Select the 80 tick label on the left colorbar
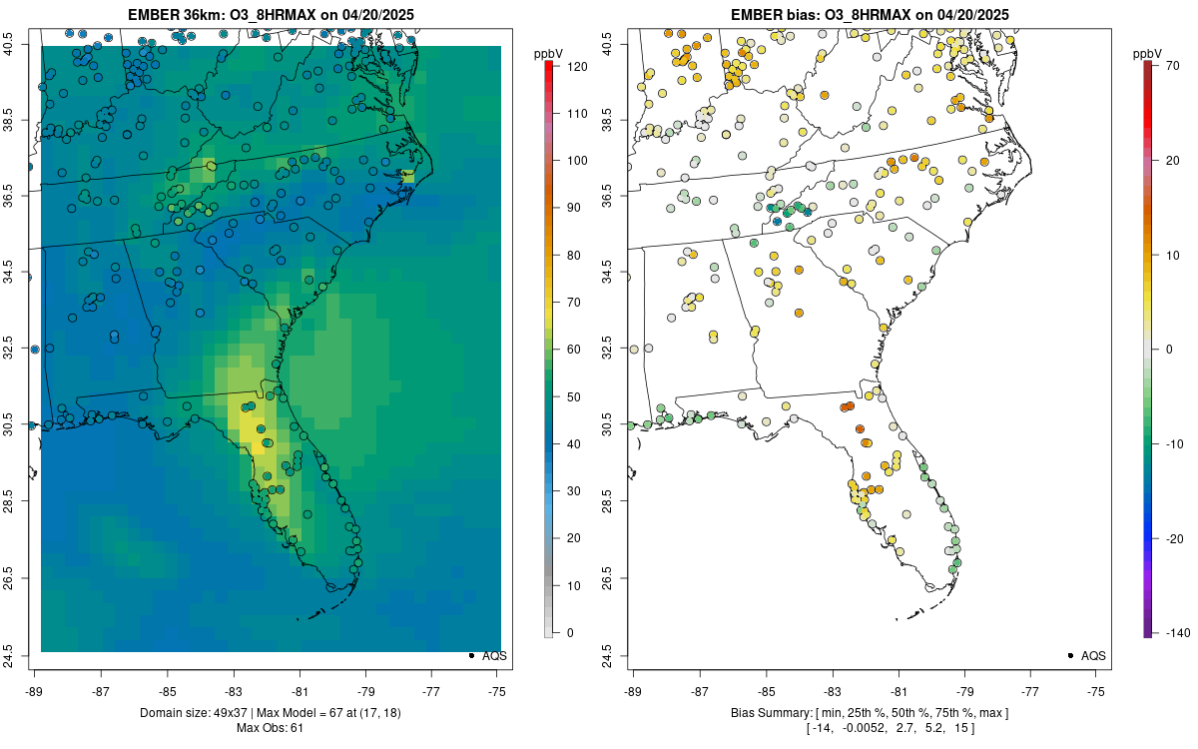[572, 255]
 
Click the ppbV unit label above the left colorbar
[549, 52]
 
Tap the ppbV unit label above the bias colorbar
[1148, 52]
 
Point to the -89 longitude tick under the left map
[35, 691]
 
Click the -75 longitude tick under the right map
[1096, 691]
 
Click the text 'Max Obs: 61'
[271, 728]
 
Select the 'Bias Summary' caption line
[870, 712]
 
